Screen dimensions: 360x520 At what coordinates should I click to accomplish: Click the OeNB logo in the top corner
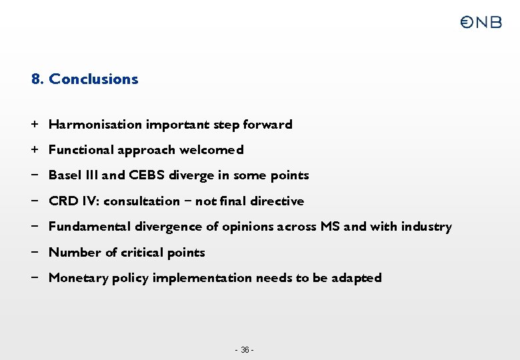[x=481, y=23]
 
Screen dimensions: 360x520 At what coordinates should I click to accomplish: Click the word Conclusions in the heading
[x=93, y=79]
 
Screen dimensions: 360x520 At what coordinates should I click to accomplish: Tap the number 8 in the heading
[x=36, y=79]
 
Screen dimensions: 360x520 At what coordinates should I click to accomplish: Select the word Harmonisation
[x=95, y=125]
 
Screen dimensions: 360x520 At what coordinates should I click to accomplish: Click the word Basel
[x=64, y=175]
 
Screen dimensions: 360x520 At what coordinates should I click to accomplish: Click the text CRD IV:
[x=74, y=201]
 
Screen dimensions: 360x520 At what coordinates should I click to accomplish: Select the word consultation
[x=142, y=201]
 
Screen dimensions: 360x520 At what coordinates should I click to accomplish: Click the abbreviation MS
[x=330, y=227]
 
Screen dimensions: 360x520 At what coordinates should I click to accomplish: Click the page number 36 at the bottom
[x=245, y=350]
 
